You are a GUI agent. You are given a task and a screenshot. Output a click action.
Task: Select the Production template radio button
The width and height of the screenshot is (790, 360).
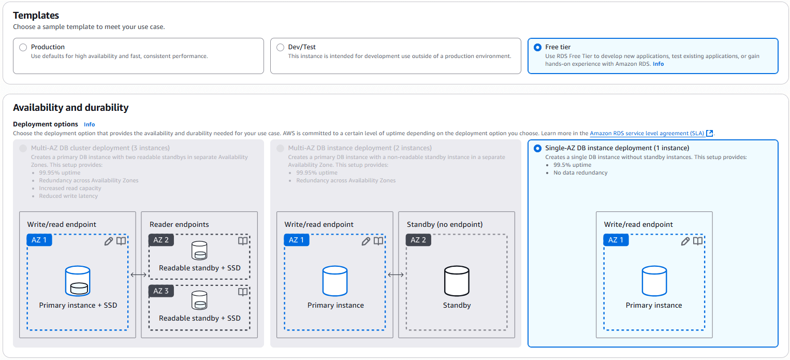23,47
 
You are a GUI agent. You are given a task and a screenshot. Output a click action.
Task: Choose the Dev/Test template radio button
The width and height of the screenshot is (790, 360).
280,47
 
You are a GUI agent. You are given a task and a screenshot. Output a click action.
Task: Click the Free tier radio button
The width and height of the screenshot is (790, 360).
537,47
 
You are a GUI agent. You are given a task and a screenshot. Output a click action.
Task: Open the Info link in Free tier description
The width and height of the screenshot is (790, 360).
658,64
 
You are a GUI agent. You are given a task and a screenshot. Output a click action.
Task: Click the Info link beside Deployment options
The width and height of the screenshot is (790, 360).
90,124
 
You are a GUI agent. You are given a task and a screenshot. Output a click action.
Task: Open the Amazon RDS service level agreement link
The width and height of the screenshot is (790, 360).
647,134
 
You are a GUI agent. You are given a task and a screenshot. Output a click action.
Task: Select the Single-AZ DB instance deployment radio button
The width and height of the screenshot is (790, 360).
537,148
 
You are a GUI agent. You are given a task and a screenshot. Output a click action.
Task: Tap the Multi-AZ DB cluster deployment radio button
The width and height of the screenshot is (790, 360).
23,148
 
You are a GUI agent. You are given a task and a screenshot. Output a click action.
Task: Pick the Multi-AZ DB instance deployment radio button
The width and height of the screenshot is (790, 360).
280,148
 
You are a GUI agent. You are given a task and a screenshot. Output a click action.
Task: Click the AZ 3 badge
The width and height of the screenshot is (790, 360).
160,291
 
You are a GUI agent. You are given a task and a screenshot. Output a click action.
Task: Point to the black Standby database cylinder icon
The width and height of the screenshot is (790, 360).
457,281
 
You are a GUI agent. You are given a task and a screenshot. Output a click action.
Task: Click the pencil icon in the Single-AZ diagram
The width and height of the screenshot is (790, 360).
685,241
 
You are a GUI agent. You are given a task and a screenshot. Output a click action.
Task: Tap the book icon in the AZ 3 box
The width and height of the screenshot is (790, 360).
242,292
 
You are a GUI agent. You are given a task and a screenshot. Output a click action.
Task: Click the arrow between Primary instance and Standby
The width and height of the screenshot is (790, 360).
396,275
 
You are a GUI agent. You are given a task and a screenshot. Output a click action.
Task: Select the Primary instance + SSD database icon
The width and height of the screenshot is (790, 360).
78,281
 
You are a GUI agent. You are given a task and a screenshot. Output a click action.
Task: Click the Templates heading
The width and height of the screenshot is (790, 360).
36,16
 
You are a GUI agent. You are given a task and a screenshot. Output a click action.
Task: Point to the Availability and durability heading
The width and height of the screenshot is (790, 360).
70,108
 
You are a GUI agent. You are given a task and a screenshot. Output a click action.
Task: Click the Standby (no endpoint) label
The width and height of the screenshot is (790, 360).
445,224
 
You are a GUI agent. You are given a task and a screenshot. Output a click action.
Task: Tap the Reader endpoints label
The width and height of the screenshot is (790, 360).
179,224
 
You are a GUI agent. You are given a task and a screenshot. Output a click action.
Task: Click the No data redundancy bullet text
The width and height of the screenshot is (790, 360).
580,172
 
